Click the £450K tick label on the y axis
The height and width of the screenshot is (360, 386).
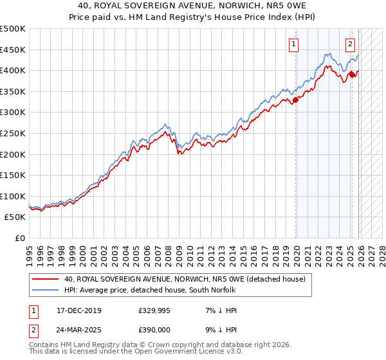pyautogui.click(x=13, y=50)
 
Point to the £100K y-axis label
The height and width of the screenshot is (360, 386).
pyautogui.click(x=13, y=196)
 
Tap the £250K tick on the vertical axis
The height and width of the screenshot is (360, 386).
pyautogui.click(x=13, y=133)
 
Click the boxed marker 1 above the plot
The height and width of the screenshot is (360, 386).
pyautogui.click(x=293, y=44)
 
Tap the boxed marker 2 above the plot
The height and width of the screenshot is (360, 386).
pyautogui.click(x=350, y=44)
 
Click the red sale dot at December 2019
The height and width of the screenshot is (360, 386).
pyautogui.click(x=296, y=100)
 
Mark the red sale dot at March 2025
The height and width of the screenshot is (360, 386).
pyautogui.click(x=353, y=75)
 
